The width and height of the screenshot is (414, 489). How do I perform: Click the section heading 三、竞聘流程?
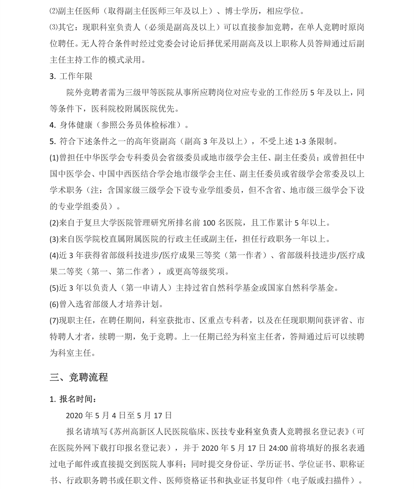(x=79, y=377)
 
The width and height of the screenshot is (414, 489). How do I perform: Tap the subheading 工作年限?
(x=76, y=76)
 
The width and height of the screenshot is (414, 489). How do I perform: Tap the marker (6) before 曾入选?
(x=54, y=304)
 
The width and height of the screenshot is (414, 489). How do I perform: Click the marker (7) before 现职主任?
(x=54, y=320)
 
